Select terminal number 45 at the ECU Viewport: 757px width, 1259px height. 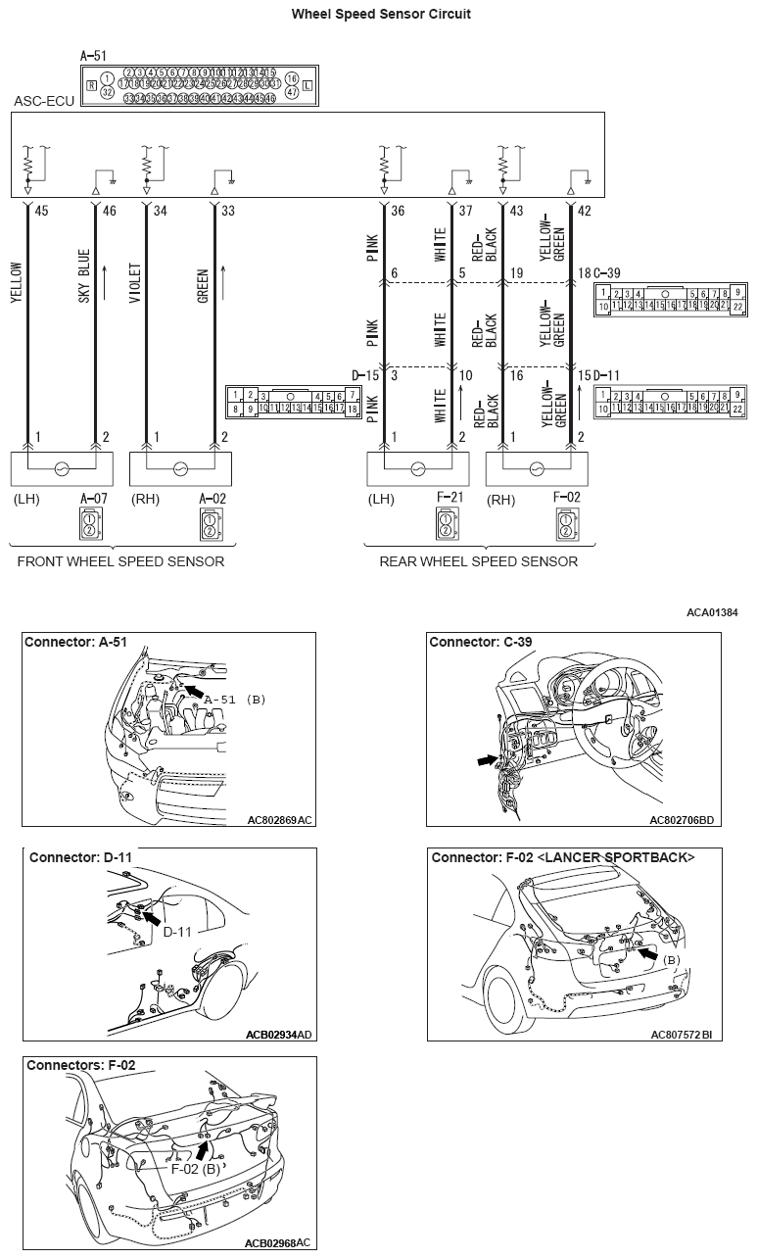(x=41, y=209)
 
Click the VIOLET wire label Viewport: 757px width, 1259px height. (x=135, y=284)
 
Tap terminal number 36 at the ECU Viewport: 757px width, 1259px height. (x=397, y=209)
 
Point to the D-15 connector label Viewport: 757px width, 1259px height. (x=364, y=375)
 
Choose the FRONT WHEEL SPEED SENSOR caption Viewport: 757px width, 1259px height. (x=120, y=561)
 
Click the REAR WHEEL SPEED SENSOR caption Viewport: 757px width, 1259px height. (x=478, y=561)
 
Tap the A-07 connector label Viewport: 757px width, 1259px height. (x=94, y=498)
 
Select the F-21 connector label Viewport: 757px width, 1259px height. (x=450, y=498)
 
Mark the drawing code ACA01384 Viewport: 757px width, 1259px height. (x=712, y=612)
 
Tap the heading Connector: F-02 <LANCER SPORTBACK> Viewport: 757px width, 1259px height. (x=563, y=857)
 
